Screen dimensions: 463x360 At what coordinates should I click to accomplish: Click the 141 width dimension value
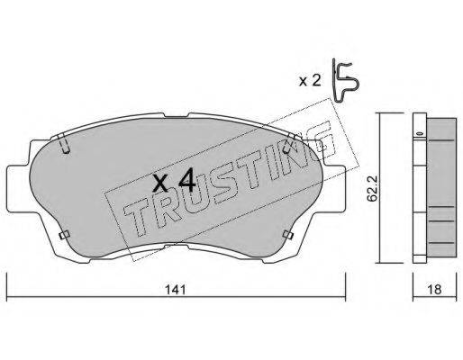coord(176,290)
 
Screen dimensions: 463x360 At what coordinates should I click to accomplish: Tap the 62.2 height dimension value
coord(373,189)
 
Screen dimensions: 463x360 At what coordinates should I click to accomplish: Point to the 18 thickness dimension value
coord(434,290)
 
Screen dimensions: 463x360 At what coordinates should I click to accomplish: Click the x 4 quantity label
coord(174,180)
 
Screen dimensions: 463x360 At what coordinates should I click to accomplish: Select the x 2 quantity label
coord(310,81)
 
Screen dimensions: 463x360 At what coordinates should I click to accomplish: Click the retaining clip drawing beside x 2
coord(345,80)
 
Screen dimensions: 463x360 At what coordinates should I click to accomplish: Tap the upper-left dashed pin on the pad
coord(64,143)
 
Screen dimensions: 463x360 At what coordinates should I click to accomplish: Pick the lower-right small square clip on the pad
coord(288,235)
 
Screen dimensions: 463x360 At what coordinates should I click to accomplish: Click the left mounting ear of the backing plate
coord(18,188)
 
